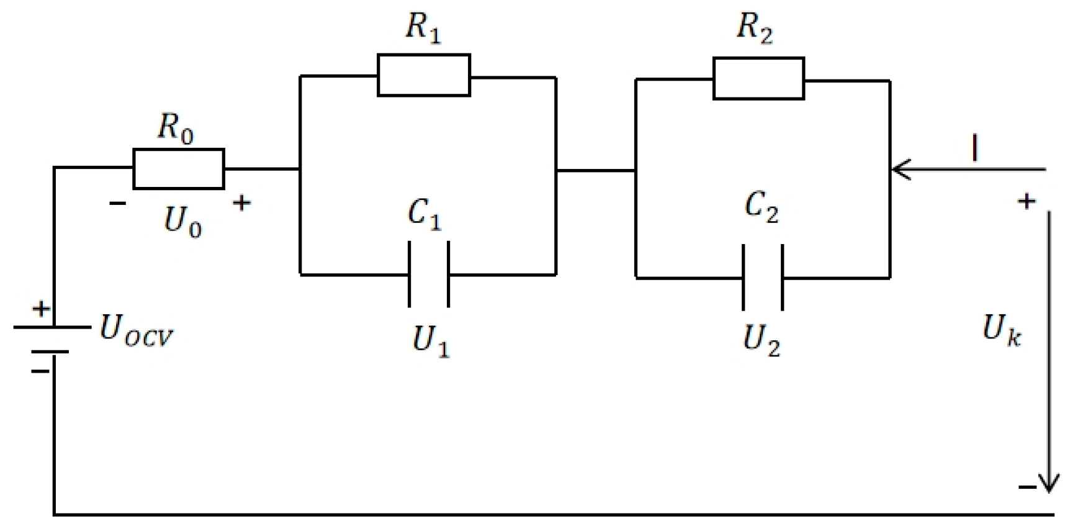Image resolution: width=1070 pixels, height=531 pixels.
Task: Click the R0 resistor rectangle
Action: click(x=179, y=169)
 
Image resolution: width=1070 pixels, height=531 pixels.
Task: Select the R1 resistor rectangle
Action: click(x=424, y=76)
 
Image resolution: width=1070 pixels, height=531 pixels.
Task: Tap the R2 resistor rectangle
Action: click(x=758, y=79)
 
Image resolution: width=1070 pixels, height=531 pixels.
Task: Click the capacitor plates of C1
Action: click(x=428, y=274)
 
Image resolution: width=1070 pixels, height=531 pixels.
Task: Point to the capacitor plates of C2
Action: click(x=763, y=278)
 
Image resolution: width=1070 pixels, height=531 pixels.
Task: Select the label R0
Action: click(x=175, y=129)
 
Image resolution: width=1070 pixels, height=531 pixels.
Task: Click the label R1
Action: click(x=423, y=28)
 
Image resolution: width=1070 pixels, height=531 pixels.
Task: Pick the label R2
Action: click(x=755, y=29)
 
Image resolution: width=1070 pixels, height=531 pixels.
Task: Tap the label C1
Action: click(x=425, y=214)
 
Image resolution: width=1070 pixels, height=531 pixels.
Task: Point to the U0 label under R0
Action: click(x=182, y=222)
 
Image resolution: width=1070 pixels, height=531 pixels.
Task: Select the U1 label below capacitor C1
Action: click(x=431, y=341)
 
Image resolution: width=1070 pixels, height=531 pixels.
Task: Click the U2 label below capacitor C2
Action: click(x=762, y=340)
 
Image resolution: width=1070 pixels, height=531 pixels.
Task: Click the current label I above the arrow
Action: click(x=975, y=150)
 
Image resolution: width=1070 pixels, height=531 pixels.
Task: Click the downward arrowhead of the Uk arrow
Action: click(x=1049, y=483)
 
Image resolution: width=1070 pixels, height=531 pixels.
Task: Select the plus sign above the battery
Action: click(x=41, y=309)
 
